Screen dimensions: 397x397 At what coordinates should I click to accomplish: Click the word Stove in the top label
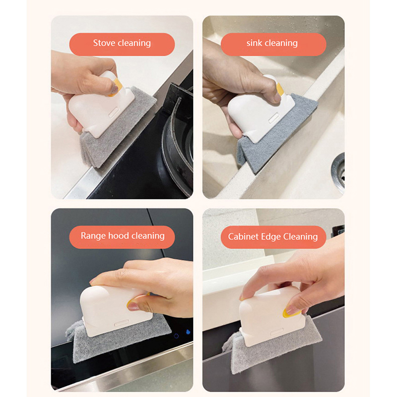(104, 43)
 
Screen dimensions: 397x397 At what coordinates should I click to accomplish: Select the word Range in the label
(93, 236)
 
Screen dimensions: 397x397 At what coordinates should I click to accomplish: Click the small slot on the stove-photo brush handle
(114, 112)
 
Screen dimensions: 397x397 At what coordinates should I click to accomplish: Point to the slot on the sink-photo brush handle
(273, 118)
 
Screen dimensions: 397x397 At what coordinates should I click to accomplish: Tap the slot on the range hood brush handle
(122, 323)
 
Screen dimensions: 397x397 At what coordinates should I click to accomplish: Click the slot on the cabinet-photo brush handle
(277, 332)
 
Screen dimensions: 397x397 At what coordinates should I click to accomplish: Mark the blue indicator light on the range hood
(188, 332)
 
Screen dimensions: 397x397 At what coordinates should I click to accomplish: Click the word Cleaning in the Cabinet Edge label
(300, 237)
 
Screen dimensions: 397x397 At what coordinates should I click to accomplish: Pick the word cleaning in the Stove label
(134, 43)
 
